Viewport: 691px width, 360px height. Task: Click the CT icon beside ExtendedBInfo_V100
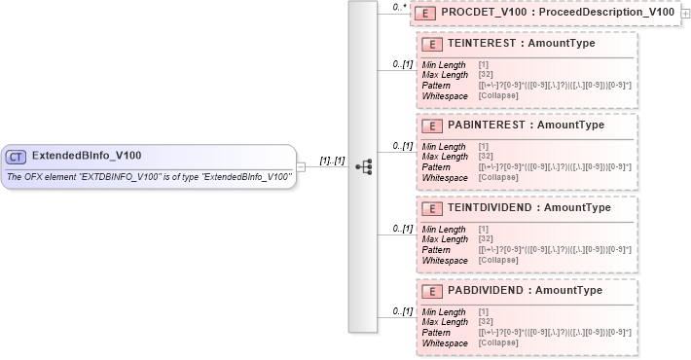click(16, 156)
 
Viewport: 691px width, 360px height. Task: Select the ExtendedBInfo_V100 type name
click(87, 156)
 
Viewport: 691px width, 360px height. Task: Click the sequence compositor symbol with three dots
click(363, 166)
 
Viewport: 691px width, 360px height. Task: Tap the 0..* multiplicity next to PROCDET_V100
click(397, 7)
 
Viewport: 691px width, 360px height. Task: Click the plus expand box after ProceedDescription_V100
click(686, 14)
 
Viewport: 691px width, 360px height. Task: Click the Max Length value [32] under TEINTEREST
click(485, 75)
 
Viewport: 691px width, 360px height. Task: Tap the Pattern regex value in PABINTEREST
click(555, 167)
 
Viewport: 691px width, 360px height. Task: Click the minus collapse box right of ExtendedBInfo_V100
click(301, 166)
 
